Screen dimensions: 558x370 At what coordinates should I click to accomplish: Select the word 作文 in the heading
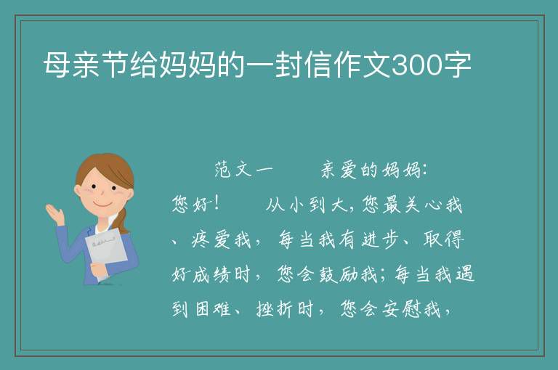click(x=363, y=65)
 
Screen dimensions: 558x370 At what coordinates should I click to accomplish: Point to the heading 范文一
click(x=243, y=170)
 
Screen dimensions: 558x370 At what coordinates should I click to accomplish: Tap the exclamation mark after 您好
click(x=217, y=205)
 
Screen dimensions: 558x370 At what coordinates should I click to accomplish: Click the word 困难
click(x=213, y=309)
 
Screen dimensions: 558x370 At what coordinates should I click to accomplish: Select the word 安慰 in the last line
click(x=401, y=309)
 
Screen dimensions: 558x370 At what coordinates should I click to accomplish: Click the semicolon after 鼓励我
click(x=383, y=276)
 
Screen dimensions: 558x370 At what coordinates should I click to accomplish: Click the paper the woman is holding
click(x=106, y=253)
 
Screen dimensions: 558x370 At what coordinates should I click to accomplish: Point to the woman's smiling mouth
click(x=102, y=205)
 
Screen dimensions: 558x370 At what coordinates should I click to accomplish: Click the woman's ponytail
click(x=123, y=221)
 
